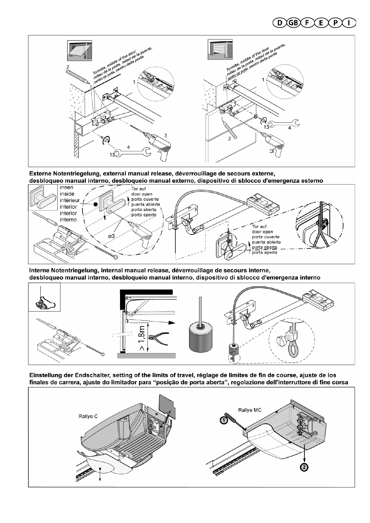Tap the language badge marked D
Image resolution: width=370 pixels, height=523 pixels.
point(279,23)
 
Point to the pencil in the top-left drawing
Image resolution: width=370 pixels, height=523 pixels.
point(77,76)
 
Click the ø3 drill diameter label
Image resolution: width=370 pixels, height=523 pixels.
point(111,236)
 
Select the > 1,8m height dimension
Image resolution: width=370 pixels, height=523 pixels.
point(142,339)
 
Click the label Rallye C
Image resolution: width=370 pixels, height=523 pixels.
point(88,416)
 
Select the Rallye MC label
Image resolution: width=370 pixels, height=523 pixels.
point(250,410)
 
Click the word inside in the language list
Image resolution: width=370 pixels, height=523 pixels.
point(67,194)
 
